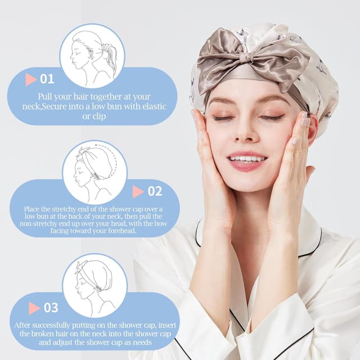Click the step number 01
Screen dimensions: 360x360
pos(47,79)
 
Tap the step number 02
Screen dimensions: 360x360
pos(155,191)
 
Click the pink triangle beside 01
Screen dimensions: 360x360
pos(31,79)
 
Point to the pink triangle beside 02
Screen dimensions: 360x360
pos(138,192)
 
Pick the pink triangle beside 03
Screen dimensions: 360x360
pos(34,308)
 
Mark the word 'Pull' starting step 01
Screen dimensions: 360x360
pos(47,96)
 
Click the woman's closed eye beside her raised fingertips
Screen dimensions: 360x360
pos(273,118)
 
